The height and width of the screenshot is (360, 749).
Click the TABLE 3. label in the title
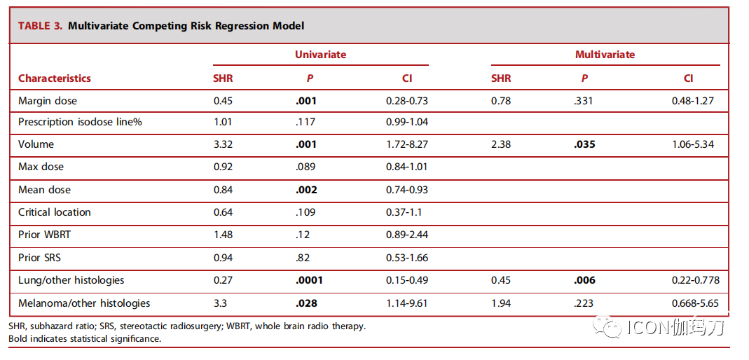(41, 26)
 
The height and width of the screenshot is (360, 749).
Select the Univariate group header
(320, 55)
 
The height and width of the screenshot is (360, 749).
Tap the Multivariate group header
(605, 55)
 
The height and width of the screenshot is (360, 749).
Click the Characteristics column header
(55, 78)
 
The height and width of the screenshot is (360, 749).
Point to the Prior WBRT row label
(45, 235)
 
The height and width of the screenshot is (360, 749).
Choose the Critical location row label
(55, 212)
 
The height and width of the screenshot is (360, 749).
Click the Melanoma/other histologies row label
(84, 303)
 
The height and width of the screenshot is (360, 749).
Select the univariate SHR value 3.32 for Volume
(223, 144)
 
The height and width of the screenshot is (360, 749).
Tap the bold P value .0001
(310, 280)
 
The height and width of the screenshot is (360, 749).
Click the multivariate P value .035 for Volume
(584, 144)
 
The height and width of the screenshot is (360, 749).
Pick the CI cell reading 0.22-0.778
(693, 280)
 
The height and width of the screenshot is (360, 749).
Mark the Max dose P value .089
(305, 167)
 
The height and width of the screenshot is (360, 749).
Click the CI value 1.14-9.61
(407, 303)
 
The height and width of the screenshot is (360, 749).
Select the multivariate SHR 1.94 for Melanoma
(500, 303)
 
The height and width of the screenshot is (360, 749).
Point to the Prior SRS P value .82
(303, 258)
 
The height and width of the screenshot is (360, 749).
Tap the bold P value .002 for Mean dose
(307, 190)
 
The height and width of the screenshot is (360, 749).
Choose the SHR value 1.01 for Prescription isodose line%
(223, 122)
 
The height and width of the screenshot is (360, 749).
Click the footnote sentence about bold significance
(85, 339)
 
